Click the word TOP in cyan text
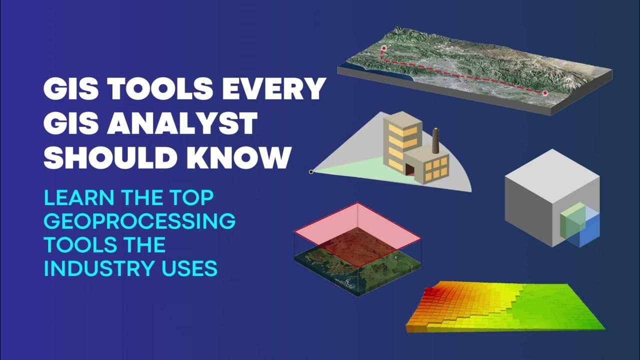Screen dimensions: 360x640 point(193,197)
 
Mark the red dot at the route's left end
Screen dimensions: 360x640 point(384,48)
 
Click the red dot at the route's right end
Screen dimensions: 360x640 point(545,93)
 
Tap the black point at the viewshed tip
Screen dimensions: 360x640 point(311,172)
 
